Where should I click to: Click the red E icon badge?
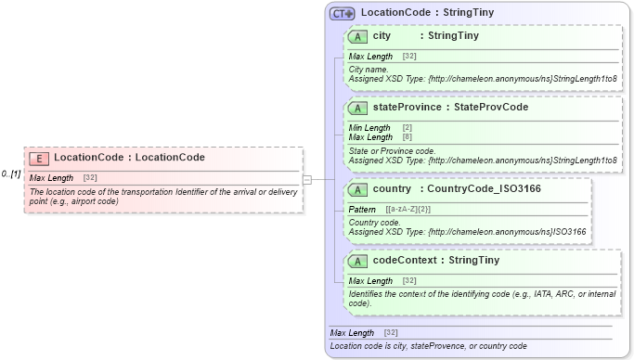(39, 158)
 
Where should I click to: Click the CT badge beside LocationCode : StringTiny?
(343, 14)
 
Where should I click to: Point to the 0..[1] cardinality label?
(11, 174)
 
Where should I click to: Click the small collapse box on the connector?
(307, 179)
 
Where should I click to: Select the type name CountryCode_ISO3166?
(481, 189)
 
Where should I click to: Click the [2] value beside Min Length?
(408, 128)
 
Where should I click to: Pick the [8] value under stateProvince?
(408, 137)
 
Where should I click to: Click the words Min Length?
(369, 128)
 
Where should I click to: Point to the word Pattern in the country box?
(362, 210)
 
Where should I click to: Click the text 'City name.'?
(369, 69)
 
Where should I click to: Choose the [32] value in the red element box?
(90, 178)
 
